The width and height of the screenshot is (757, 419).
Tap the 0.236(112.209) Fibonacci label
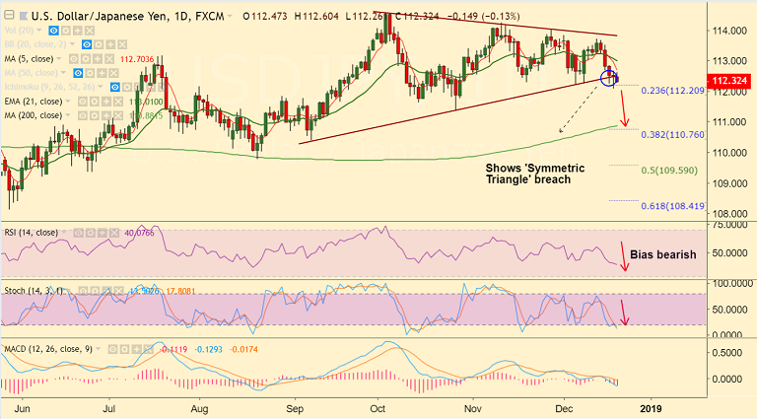coord(673,91)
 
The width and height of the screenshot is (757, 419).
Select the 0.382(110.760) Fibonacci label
coord(673,133)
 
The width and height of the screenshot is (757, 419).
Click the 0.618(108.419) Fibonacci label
coord(673,205)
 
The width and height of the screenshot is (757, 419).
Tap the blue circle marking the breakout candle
coord(609,77)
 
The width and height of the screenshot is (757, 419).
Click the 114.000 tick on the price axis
coord(730,32)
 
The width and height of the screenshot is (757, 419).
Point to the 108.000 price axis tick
coord(730,213)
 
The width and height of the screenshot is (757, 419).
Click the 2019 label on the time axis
coord(649,406)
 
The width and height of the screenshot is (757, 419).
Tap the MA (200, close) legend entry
coord(34,114)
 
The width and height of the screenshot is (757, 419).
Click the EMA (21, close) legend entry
coord(34,101)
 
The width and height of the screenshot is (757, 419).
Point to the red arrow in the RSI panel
coord(622,253)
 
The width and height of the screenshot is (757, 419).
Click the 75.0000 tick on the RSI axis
coord(730,226)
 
